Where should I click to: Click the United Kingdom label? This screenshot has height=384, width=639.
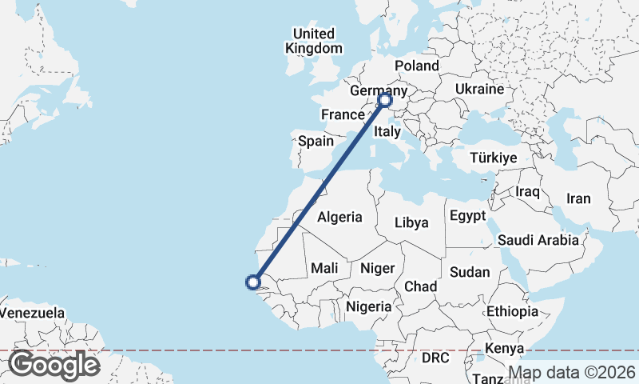tap(313, 41)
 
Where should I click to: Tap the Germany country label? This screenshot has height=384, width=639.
tap(378, 92)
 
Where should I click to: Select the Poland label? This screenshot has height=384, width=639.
tap(417, 66)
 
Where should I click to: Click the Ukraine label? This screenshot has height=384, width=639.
tap(479, 89)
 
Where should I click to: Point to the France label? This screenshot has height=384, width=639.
tap(343, 115)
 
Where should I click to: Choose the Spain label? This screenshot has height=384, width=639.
tap(316, 142)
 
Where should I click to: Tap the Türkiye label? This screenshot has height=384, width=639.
tap(494, 158)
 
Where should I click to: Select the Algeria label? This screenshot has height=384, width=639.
tap(340, 217)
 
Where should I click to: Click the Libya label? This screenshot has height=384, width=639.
tap(411, 223)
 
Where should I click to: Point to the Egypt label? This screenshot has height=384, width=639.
tap(468, 216)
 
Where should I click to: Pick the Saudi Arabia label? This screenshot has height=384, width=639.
tap(537, 240)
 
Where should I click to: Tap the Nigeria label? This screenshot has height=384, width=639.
tap(368, 306)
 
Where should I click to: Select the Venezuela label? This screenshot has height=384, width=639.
tap(32, 312)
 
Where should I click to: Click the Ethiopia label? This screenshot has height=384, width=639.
tap(512, 311)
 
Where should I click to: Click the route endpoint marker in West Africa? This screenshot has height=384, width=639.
tap(253, 282)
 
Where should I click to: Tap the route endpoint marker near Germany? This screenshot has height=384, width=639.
tap(384, 100)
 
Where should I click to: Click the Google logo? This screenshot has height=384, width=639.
tap(54, 366)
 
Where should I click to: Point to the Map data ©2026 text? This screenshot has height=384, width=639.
tap(573, 372)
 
